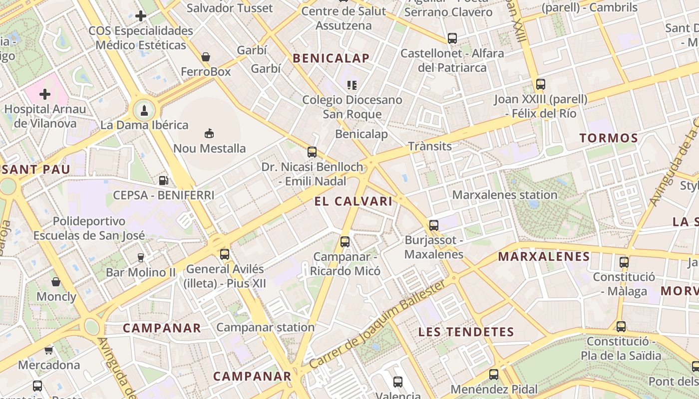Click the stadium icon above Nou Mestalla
click(209, 133)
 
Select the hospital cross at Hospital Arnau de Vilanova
click(45, 94)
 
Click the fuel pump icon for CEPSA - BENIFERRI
click(163, 180)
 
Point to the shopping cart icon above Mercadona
click(49, 350)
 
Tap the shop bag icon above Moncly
click(56, 282)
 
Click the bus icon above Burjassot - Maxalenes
click(434, 225)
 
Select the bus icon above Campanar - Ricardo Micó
click(345, 242)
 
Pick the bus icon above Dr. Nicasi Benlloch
click(312, 152)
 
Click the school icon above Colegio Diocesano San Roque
click(352, 85)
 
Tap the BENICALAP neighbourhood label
click(331, 58)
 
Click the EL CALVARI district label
click(353, 201)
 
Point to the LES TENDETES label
click(466, 332)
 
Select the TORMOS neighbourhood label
click(609, 138)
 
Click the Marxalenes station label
click(505, 195)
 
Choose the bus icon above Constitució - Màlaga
click(624, 262)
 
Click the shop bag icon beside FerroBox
click(206, 57)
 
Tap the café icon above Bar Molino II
click(141, 257)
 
